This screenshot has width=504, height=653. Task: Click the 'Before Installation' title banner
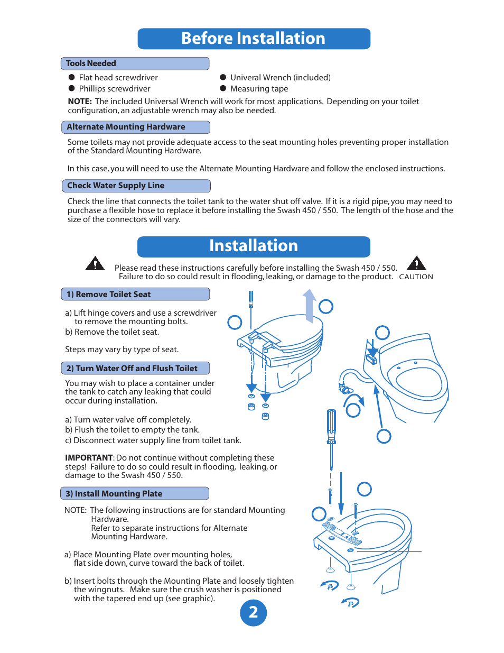point(254,39)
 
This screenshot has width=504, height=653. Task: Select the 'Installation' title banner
point(254,246)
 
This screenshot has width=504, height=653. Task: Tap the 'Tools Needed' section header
point(135,63)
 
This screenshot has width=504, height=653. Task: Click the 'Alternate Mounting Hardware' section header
point(135,127)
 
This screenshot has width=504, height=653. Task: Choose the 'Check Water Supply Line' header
point(136,186)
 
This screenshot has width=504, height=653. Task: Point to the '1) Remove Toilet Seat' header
point(135,295)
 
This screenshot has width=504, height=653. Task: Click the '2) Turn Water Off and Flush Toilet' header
point(135,369)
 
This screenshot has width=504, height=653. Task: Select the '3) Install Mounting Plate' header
point(134,494)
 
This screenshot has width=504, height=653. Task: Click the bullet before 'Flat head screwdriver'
point(72,78)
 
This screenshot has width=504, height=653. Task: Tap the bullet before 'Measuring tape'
point(223,89)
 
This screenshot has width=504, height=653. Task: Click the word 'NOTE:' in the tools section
point(80,102)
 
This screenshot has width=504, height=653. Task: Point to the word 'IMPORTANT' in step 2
point(89,458)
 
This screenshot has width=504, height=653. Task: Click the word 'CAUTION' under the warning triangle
point(416,277)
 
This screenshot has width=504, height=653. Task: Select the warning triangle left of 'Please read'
point(95,263)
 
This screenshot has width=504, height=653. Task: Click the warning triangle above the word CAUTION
point(416,263)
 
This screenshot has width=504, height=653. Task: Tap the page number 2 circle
point(254,613)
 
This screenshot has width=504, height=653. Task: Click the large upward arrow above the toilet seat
point(310,305)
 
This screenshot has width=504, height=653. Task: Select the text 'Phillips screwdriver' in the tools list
point(115,89)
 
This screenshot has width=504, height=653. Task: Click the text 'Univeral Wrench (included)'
point(280,78)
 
